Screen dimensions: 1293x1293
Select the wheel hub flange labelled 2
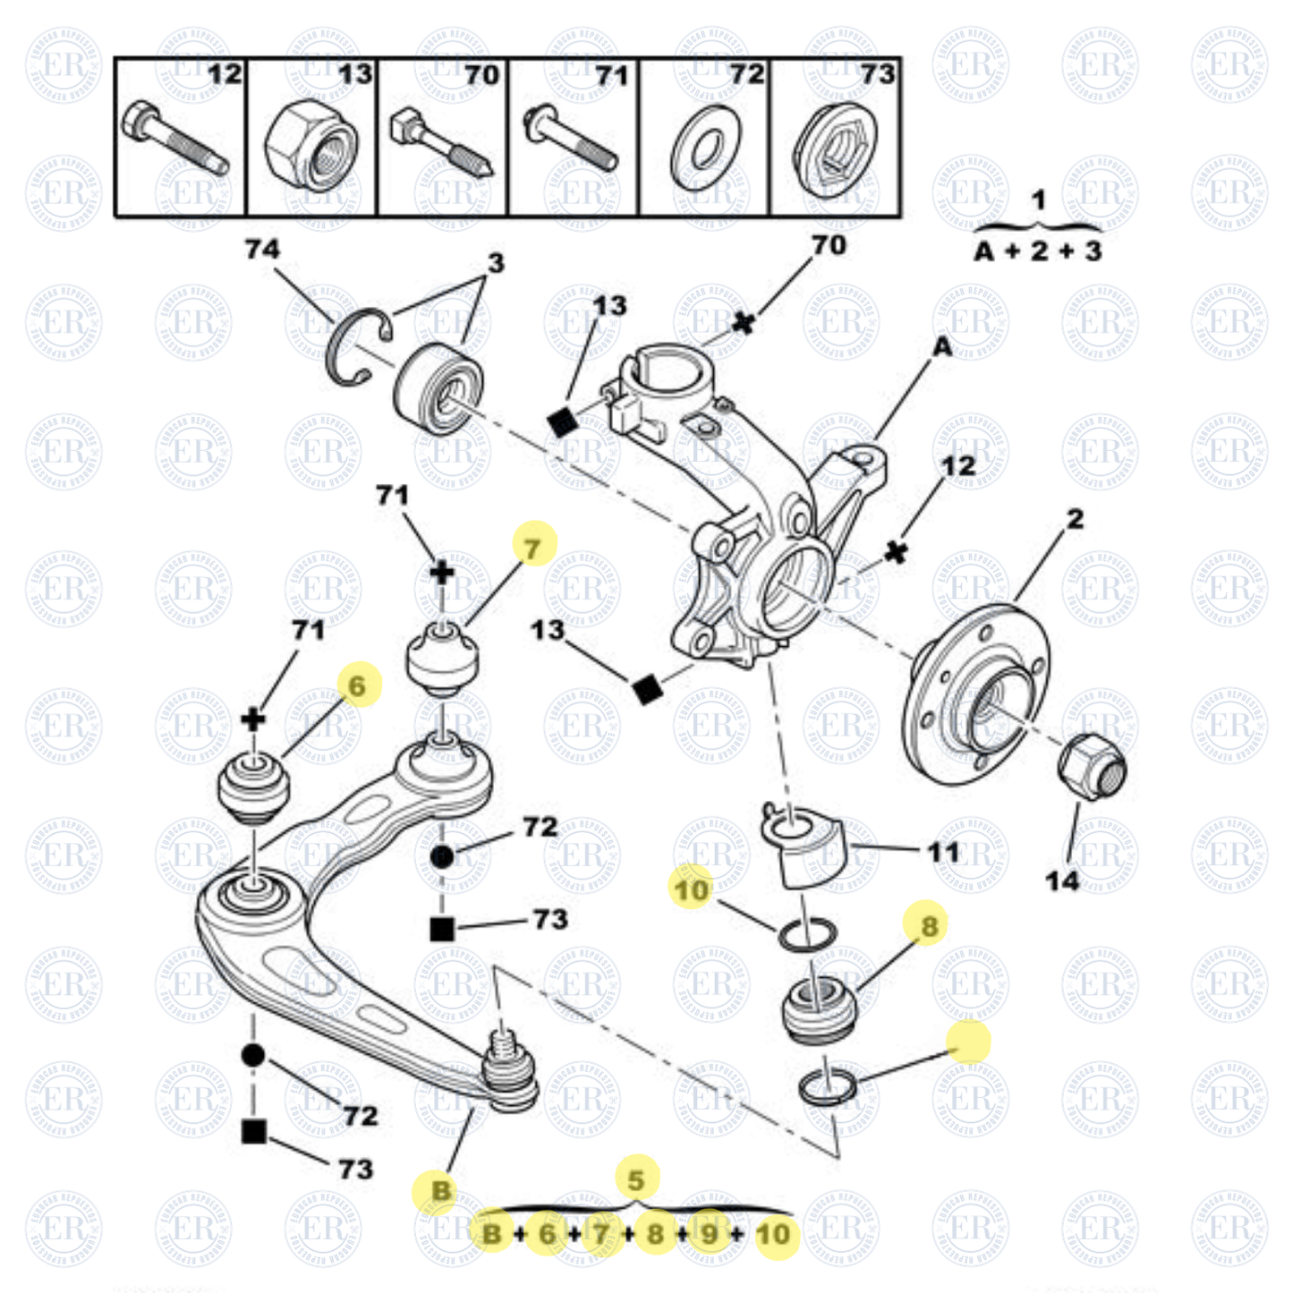(x=975, y=693)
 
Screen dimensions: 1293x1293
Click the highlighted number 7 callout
(x=534, y=546)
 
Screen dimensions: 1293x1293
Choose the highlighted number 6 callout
(x=359, y=685)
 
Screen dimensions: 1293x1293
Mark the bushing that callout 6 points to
(x=254, y=787)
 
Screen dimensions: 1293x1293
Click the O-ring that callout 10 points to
(x=807, y=936)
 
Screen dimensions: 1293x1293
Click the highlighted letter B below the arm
(x=440, y=1191)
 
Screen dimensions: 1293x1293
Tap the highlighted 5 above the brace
(x=636, y=1179)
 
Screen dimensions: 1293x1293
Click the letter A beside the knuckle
(x=942, y=346)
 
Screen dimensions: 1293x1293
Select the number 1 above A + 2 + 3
(x=1038, y=200)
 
